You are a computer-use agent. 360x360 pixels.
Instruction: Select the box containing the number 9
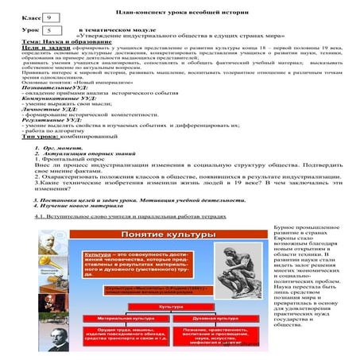point(50,16)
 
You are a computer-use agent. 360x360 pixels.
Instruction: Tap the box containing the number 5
point(50,30)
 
